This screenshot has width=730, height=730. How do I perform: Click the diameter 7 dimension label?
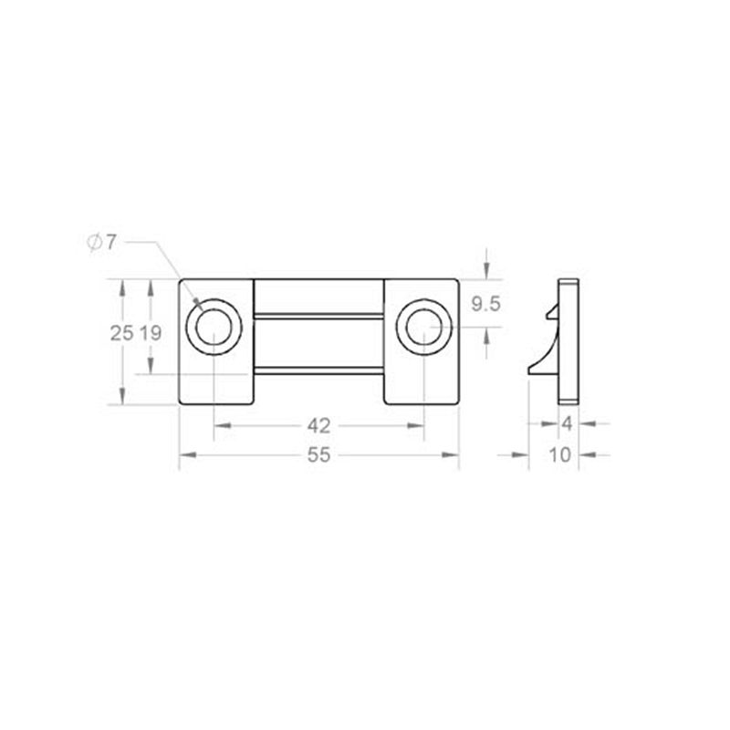pos(101,243)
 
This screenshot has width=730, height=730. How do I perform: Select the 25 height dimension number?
pos(121,333)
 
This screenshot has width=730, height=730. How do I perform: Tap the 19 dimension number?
pos(151,333)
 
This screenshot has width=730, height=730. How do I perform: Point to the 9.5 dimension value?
pos(485,304)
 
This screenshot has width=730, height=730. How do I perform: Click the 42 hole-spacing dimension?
pos(318,426)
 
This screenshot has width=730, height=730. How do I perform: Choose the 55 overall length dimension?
pos(318,454)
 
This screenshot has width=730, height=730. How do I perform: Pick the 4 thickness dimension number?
pos(567,424)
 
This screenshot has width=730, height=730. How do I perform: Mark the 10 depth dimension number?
pos(560,454)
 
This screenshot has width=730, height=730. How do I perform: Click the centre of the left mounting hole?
pos(214,327)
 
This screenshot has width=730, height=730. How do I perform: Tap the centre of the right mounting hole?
pos(424,327)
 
